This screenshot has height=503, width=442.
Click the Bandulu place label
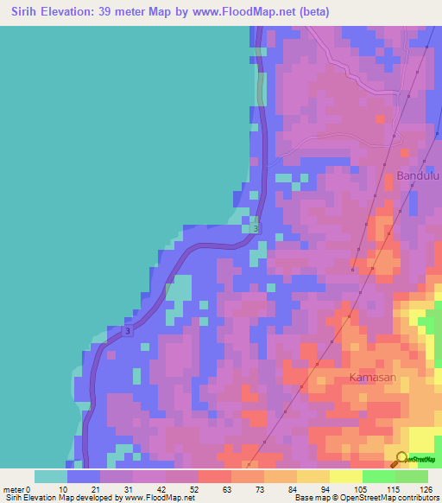pos(418,176)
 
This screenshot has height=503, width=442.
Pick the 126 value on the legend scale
pos(426,489)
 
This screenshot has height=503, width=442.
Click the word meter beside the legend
pos(16,489)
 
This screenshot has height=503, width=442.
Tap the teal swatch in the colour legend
pos(51,476)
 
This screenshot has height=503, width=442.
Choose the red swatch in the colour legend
pos(214,476)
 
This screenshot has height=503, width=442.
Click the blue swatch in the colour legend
pos(84,476)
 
